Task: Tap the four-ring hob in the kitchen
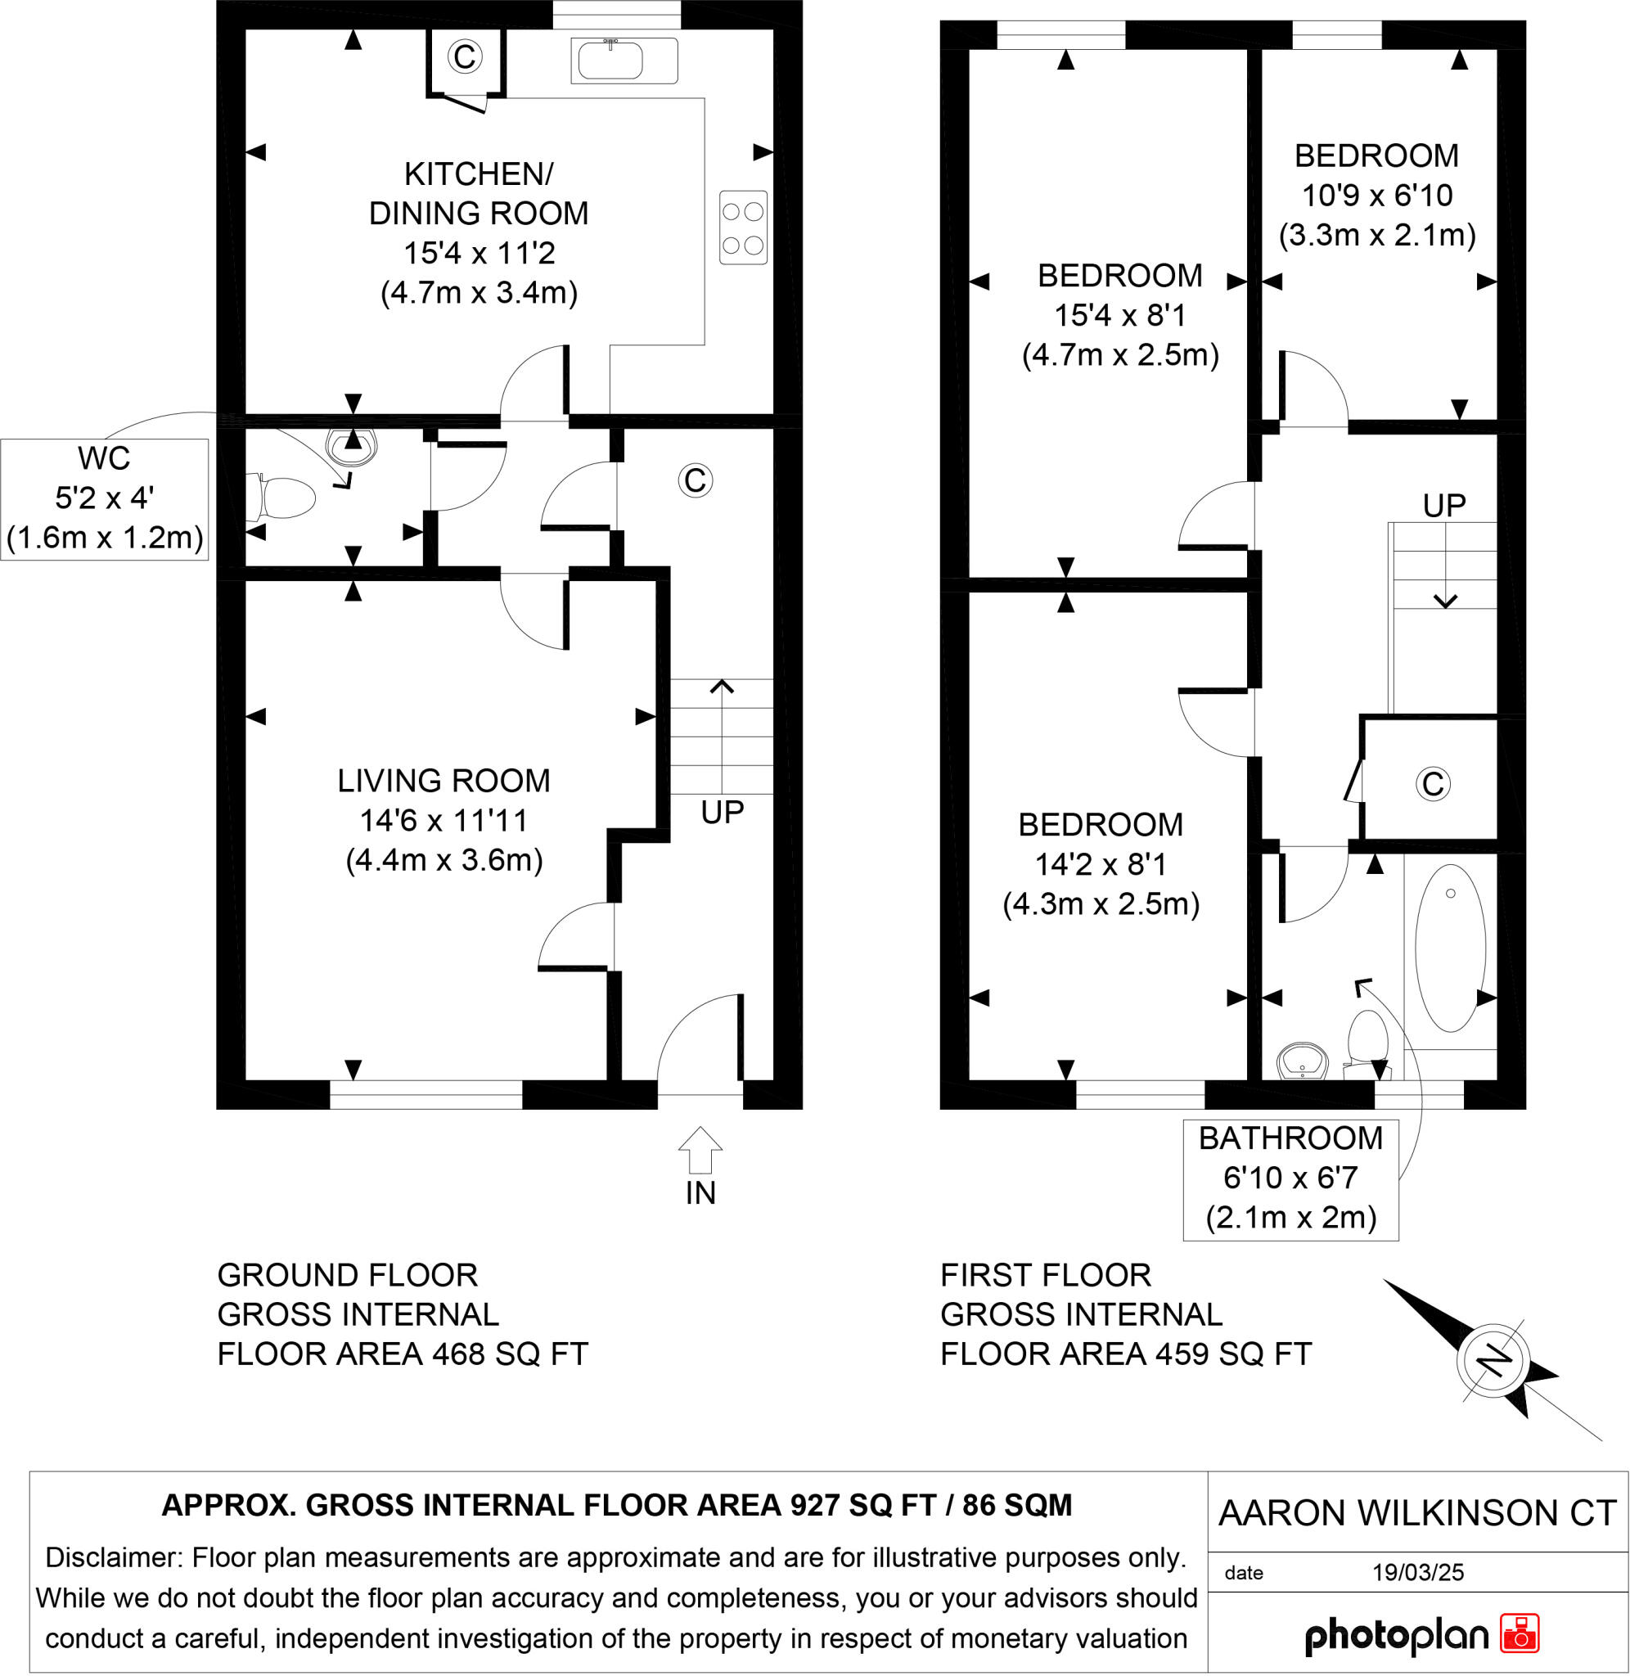pos(742,228)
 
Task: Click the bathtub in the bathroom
pos(1449,948)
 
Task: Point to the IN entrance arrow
pos(700,1150)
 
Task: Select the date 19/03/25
pos(1418,1571)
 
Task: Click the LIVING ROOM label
pos(444,781)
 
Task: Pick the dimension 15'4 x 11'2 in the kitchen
pos(479,254)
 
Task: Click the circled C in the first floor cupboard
pos(1433,783)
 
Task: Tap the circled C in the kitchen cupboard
pos(464,57)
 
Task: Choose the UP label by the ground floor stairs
pos(722,813)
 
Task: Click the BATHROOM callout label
pos(1290,1138)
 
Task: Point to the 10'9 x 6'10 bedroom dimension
pos(1376,195)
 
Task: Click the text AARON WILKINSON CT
pos(1416,1513)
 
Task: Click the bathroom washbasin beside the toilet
pos(1301,1063)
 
